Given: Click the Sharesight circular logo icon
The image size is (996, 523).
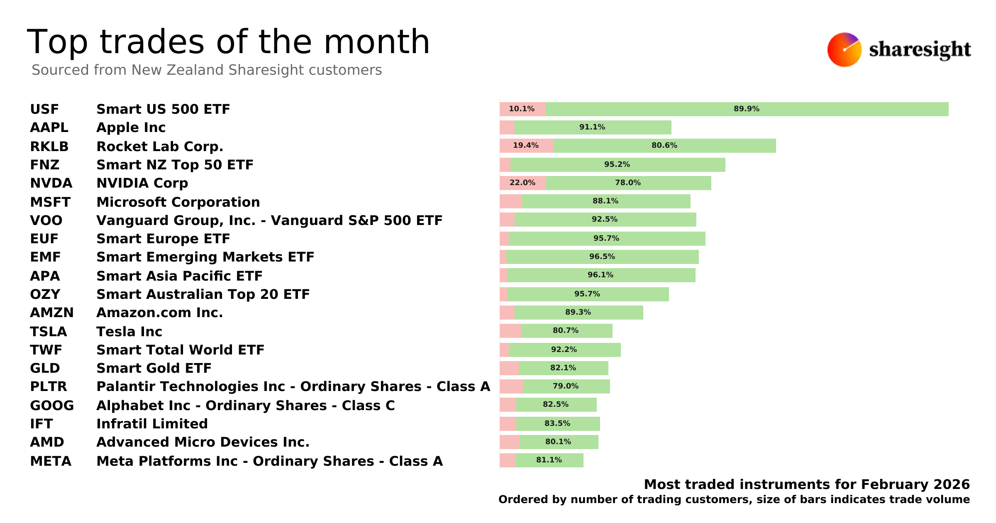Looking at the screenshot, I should pos(844,50).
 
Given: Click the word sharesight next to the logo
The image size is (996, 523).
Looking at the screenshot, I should pos(920,50).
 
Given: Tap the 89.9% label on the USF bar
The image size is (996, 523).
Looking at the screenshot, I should pos(746,109).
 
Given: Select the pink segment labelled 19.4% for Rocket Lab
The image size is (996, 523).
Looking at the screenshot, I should pos(526,146).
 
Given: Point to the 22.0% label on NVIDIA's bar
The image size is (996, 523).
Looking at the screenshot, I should pos(522,183).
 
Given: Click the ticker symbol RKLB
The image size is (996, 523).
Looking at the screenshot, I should pos(49,147).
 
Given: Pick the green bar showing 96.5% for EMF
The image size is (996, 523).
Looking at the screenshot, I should pos(602,257).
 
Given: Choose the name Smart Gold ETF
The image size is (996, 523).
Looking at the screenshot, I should pos(154,368).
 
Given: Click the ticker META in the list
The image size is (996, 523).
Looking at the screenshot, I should pos(51,461).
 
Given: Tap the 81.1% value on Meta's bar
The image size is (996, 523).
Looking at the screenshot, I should pos(549,460).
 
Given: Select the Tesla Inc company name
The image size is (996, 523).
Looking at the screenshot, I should pos(129,332).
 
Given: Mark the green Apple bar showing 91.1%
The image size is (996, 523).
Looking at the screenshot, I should pos(592,127).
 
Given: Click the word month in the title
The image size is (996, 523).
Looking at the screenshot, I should pos(376,42).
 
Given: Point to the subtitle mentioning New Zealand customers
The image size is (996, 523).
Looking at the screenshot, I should pos(207,70).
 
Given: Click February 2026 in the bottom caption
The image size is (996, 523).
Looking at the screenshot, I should pos(915,484).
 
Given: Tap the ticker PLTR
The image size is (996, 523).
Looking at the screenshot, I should pos(48,386).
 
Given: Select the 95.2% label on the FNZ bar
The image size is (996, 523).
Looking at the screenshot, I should pos(617,164).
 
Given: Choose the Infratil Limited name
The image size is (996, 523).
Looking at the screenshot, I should pos(152,424).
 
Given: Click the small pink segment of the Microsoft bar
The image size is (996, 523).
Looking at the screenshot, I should pos(510,201).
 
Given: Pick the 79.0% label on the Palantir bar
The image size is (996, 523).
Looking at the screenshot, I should pos(565,386).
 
